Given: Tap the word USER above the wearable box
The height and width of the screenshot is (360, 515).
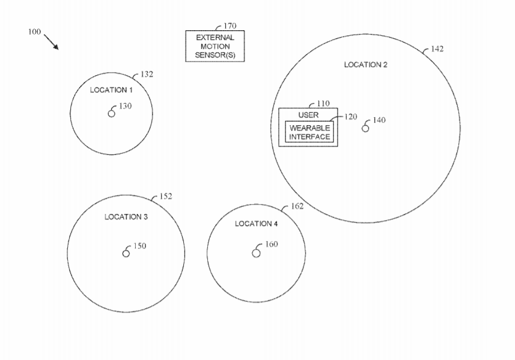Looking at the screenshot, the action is click(x=308, y=115).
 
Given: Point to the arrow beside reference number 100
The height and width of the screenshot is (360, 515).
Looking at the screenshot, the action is click(x=51, y=42).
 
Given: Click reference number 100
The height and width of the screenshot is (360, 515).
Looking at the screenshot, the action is click(x=35, y=32).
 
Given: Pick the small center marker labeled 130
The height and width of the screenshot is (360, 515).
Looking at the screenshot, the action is click(x=112, y=113).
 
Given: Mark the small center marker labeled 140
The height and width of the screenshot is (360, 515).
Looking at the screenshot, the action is click(x=365, y=128).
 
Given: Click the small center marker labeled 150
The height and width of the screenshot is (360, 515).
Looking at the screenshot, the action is click(x=126, y=253).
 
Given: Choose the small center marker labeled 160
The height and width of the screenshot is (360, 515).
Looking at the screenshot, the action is click(x=256, y=253).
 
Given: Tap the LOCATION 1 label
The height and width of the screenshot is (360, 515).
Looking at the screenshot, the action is click(x=112, y=90).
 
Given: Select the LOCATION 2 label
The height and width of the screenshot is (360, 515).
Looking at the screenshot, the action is click(x=366, y=65).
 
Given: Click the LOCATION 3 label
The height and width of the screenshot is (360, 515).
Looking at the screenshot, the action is click(x=126, y=217).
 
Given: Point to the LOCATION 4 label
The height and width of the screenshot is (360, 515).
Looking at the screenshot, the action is click(x=256, y=224).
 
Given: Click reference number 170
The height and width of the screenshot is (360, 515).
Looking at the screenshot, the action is click(x=230, y=26).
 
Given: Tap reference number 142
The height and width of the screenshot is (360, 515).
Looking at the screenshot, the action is click(x=437, y=49).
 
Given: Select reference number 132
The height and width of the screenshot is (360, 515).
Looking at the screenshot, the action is click(x=147, y=75).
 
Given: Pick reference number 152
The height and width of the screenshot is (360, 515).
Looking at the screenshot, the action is click(x=166, y=196).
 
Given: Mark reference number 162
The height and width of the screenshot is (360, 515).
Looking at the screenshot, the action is click(x=297, y=206).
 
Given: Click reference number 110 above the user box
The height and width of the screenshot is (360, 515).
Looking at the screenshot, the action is click(x=323, y=104).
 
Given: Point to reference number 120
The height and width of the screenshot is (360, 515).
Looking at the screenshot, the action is click(x=350, y=117).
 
